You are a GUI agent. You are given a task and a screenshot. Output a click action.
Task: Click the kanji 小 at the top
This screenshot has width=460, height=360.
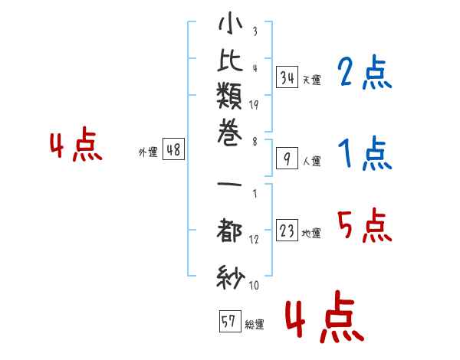click(x=230, y=23)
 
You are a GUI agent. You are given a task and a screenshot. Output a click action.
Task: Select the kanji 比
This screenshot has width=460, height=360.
click(x=230, y=60)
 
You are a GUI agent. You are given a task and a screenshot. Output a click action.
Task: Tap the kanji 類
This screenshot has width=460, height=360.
click(x=229, y=96)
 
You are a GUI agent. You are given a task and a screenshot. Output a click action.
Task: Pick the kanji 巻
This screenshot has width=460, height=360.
click(x=229, y=133)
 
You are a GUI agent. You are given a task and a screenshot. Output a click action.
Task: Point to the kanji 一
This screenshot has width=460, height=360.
click(x=229, y=185)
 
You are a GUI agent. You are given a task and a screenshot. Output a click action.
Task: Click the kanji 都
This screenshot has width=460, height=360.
click(x=229, y=230)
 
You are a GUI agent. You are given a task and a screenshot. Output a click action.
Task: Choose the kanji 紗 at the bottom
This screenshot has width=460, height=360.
click(x=231, y=277)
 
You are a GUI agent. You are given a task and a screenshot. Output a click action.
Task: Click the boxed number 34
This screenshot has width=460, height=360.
click(x=287, y=77)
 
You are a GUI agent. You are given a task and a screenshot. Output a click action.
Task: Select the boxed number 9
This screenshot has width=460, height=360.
click(x=287, y=159)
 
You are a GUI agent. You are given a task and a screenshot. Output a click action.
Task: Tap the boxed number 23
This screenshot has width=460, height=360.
click(x=287, y=230)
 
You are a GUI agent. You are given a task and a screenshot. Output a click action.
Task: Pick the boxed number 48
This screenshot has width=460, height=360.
click(x=173, y=149)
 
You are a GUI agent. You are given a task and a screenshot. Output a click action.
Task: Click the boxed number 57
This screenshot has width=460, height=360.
click(x=230, y=321)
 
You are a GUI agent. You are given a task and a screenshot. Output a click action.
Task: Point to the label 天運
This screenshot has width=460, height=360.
click(x=312, y=80)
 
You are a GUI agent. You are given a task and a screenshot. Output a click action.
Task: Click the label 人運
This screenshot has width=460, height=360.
click(x=312, y=161)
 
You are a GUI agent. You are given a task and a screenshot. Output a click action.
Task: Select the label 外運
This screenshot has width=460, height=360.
click(x=148, y=152)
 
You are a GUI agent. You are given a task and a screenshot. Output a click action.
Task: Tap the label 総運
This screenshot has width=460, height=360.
click(x=255, y=325)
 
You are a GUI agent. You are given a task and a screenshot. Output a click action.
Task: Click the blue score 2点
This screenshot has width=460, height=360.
click(x=364, y=72)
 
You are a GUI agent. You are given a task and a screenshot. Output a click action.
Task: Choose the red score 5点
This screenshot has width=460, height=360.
click(x=364, y=225)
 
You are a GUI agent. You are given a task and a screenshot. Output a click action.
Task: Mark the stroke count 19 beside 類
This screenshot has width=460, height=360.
click(x=254, y=105)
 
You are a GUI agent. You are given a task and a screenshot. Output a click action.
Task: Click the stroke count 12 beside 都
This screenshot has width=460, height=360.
click(x=254, y=239)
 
